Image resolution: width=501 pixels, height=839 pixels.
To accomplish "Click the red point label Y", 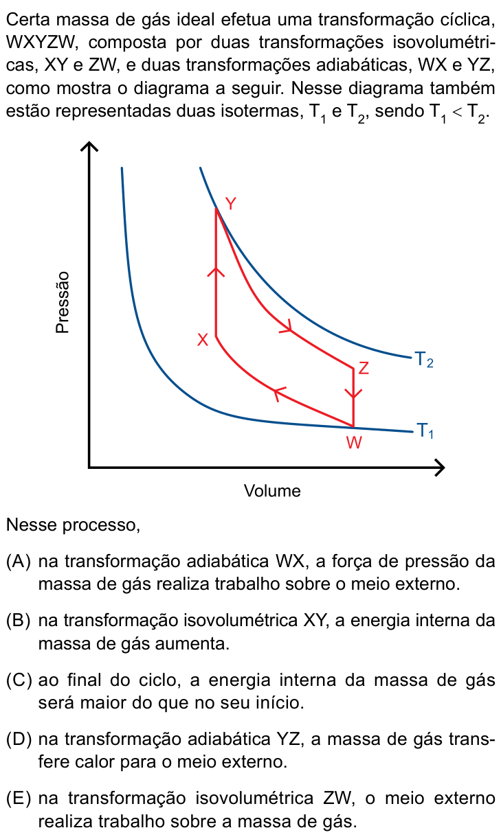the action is click(231, 204).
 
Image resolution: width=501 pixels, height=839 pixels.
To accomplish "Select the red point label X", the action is click(203, 340).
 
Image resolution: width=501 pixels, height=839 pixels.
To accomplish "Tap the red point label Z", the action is click(364, 368).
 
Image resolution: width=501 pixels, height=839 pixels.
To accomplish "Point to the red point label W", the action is click(354, 443).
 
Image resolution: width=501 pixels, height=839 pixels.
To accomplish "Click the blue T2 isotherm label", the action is click(424, 360).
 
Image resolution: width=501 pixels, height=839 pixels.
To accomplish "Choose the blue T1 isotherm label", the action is click(425, 430).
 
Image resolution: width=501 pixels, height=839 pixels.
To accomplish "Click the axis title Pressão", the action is click(63, 302).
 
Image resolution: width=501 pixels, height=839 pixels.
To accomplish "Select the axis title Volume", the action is click(272, 491).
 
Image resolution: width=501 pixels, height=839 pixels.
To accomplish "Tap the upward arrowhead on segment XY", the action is click(216, 273).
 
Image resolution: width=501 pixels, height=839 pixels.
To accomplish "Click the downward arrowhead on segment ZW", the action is click(353, 393).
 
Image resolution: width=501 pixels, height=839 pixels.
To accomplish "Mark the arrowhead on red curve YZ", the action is click(287, 327).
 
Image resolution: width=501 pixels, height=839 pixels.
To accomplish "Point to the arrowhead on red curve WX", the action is click(279, 393).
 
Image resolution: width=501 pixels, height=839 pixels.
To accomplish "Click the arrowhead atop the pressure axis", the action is click(89, 146).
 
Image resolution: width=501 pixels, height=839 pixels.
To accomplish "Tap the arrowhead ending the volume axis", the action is click(440, 468).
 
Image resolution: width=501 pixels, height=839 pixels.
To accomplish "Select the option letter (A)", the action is click(18, 562).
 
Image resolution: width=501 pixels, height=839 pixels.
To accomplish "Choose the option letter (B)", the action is click(18, 620).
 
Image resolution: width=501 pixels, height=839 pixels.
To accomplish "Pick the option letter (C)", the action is click(19, 680).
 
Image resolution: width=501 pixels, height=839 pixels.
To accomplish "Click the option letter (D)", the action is click(19, 739).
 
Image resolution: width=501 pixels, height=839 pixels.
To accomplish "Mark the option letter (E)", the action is click(18, 798).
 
